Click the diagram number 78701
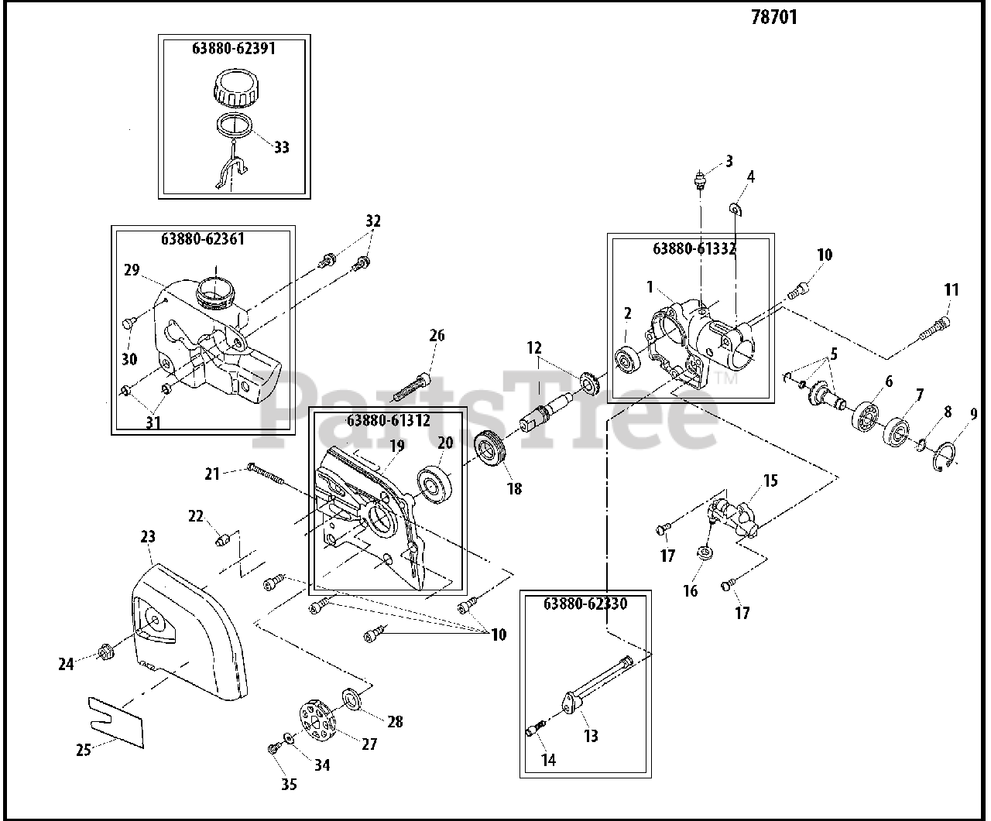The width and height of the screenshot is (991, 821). click(x=773, y=16)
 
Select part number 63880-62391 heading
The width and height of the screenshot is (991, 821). click(x=234, y=48)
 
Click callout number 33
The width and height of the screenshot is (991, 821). click(x=282, y=147)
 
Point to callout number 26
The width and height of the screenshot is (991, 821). click(x=437, y=335)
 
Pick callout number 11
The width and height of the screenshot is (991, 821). click(x=952, y=290)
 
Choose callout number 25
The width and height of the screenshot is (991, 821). click(x=84, y=749)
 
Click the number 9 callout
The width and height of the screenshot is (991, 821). click(x=973, y=414)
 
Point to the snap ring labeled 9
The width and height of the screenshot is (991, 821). click(x=945, y=453)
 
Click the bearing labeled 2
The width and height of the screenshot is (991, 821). click(x=626, y=361)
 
